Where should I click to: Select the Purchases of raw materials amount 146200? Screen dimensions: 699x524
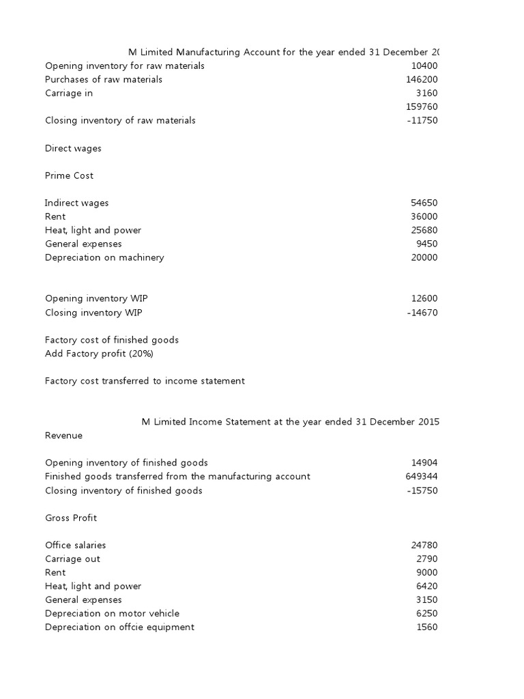point(422,80)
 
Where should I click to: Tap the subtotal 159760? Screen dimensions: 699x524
point(422,107)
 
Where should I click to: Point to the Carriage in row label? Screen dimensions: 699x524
point(69,94)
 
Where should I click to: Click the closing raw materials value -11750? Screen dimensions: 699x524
point(422,121)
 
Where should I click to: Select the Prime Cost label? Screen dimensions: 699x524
point(69,175)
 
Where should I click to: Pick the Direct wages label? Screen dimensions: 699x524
point(73,148)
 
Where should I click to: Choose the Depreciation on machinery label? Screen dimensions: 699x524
point(104,257)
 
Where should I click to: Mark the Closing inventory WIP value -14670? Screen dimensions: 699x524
point(422,313)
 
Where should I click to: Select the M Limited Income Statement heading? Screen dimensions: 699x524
point(290,422)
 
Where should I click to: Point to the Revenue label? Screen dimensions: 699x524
point(63,436)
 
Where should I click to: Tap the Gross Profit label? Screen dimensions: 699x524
point(71,518)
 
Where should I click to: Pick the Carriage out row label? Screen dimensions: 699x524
point(72,559)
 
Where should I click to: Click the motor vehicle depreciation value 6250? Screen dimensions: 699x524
point(427,614)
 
